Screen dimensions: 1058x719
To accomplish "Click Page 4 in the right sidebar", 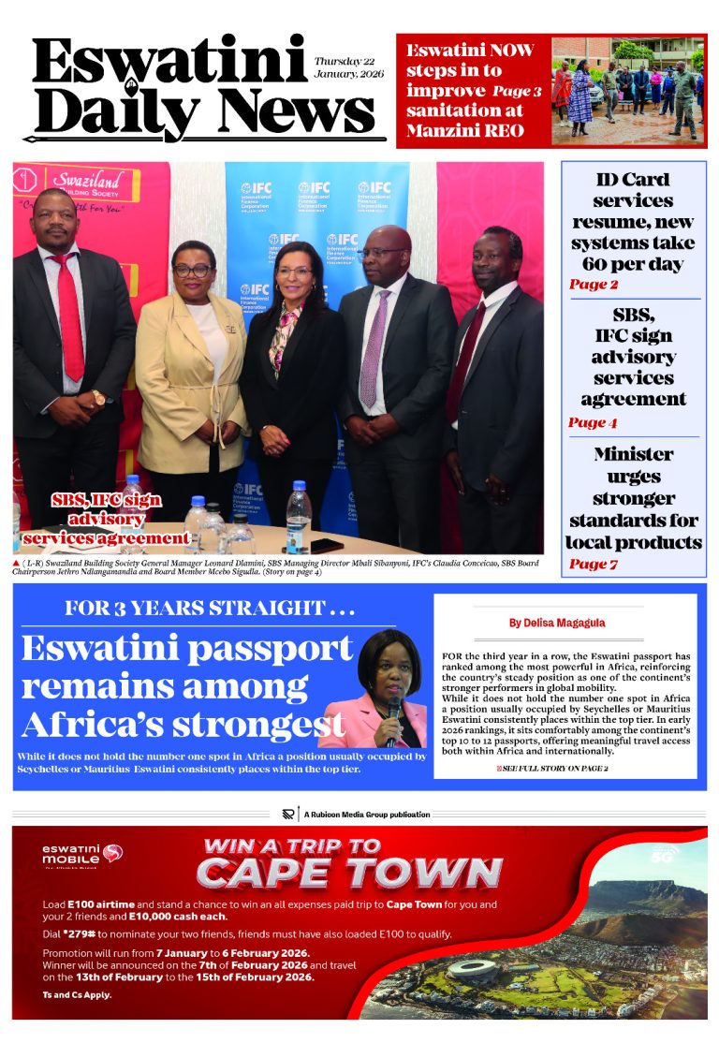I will click(593, 423).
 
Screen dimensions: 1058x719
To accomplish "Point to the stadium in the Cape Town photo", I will click(472, 969).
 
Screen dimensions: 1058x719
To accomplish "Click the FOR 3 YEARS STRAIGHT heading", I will click(210, 609).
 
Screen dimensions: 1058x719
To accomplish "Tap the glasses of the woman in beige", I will click(191, 270).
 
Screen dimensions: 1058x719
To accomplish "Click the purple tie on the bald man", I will click(374, 346).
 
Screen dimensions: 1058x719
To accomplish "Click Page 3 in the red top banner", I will click(517, 91).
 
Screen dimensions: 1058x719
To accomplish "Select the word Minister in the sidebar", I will click(633, 454).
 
